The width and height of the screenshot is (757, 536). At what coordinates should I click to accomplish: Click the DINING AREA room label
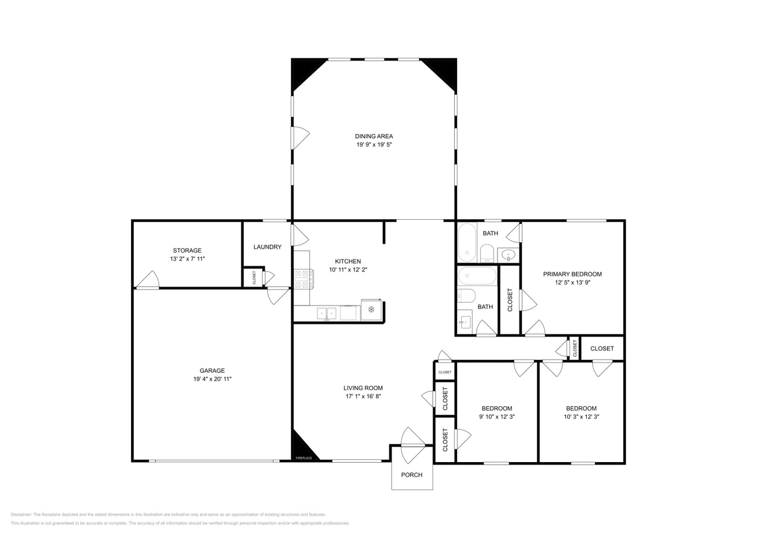pos(374,136)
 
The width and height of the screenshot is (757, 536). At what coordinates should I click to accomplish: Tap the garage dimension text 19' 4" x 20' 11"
pos(212,379)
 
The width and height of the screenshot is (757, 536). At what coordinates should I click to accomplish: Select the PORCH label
pos(411,475)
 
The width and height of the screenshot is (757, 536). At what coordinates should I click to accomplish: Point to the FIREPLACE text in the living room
pos(304,458)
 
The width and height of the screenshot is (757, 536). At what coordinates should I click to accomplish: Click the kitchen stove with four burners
pos(304,279)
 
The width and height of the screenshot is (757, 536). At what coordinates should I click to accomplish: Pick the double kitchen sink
pos(326,313)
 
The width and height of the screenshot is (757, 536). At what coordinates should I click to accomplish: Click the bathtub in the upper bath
pos(467,242)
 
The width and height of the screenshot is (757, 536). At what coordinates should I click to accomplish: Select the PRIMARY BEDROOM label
pos(572,274)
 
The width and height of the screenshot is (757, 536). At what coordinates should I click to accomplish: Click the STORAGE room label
pos(187,250)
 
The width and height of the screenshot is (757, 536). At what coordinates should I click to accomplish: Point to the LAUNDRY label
pos(267,247)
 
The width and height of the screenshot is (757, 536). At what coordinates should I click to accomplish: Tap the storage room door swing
pos(148,280)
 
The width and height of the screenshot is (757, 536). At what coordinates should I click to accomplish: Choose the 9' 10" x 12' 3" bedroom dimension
pos(496,417)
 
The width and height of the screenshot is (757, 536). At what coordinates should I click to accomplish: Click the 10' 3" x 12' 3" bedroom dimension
pos(581,417)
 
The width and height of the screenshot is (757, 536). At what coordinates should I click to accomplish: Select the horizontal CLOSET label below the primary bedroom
pos(602,348)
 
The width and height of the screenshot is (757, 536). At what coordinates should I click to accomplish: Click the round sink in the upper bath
pos(508,255)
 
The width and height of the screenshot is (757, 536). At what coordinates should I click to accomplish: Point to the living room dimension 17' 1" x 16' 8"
pos(363,396)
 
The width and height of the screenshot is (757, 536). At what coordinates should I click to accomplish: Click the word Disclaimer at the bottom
pos(21,515)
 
